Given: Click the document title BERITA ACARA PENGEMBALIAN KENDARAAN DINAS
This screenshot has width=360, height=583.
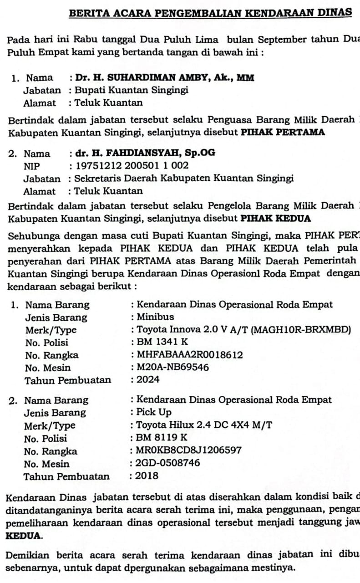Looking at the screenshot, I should click(x=210, y=13).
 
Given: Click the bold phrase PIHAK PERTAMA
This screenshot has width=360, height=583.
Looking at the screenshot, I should click(x=283, y=133).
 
